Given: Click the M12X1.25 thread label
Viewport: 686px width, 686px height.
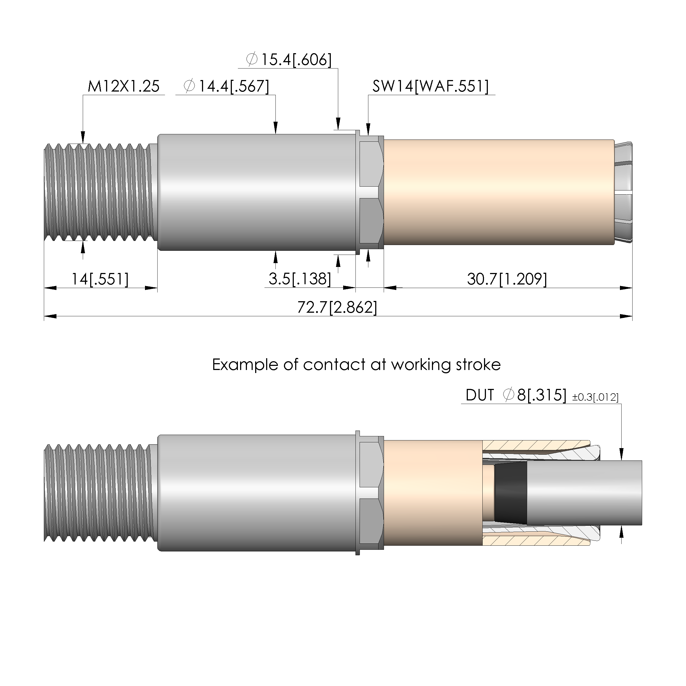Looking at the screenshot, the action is point(124,86).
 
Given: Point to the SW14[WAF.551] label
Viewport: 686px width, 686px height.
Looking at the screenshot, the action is point(430,86).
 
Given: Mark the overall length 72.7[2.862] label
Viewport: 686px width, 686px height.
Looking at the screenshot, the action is point(337,307).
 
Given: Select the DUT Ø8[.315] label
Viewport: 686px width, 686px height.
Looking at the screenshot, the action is point(516,395).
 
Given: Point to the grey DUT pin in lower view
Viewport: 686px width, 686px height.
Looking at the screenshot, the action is point(584,493).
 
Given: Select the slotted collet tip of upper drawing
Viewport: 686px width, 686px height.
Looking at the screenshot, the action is point(624,192).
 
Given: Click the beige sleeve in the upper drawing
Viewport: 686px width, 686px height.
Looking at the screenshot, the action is point(499,192).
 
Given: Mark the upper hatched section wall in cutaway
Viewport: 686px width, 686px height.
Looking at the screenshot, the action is point(536,446).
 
